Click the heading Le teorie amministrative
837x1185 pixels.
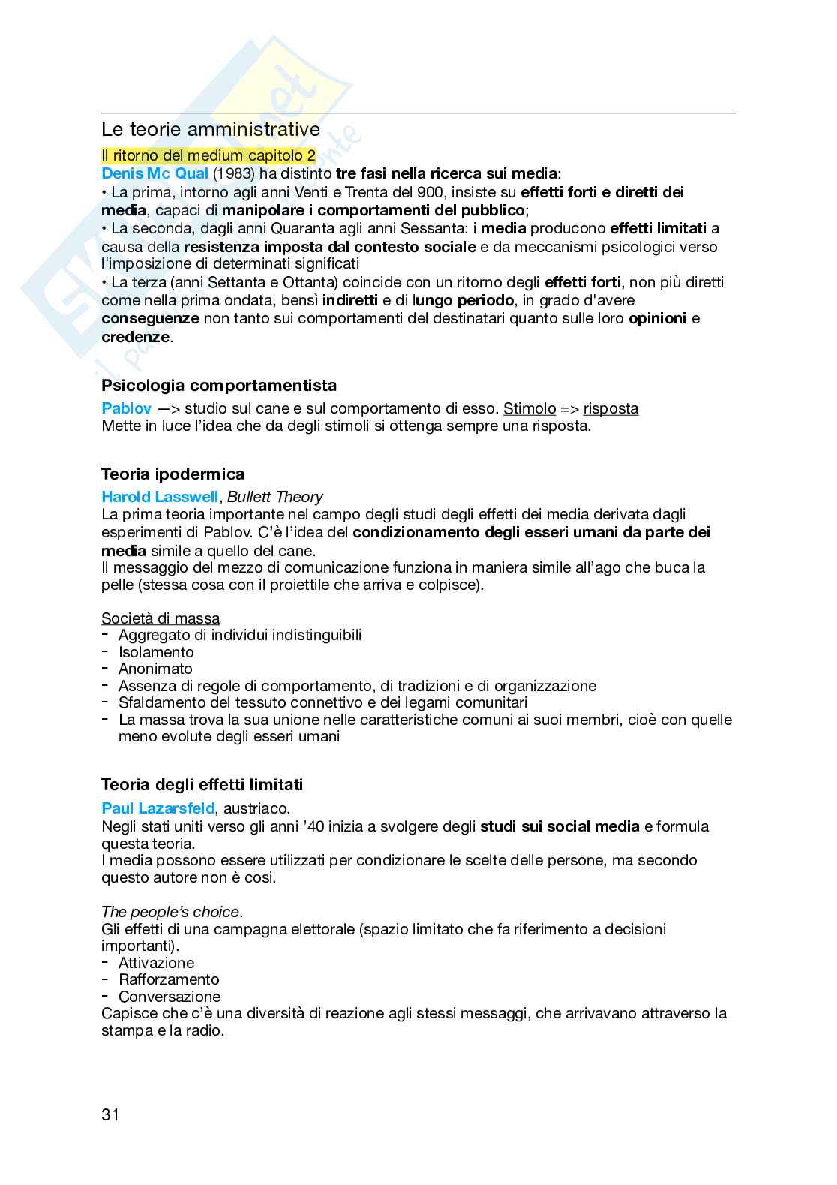pyautogui.click(x=211, y=130)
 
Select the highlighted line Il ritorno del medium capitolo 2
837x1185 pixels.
pyautogui.click(x=208, y=156)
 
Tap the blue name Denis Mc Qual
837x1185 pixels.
pyautogui.click(x=154, y=173)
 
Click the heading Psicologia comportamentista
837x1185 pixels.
pyautogui.click(x=219, y=386)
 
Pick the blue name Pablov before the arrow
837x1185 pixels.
pyautogui.click(x=126, y=409)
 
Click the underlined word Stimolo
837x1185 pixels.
pyautogui.click(x=529, y=409)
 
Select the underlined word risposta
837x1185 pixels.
pyautogui.click(x=610, y=409)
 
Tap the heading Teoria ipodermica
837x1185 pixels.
pyautogui.click(x=172, y=474)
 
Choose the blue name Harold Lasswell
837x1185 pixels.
pyautogui.click(x=160, y=497)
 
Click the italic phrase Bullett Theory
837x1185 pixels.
pyautogui.click(x=275, y=497)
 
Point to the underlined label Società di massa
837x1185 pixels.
pyautogui.click(x=160, y=618)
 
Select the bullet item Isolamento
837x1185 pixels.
pyautogui.click(x=156, y=652)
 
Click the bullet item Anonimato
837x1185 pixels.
pyautogui.click(x=155, y=669)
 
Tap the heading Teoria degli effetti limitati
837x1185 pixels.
pyautogui.click(x=202, y=785)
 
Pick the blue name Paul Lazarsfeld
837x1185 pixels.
pyautogui.click(x=157, y=808)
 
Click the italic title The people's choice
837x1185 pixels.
pyautogui.click(x=171, y=912)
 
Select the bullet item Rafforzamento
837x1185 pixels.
pyautogui.click(x=169, y=979)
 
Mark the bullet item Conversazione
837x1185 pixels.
pyautogui.click(x=169, y=997)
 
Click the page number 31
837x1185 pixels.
pyautogui.click(x=110, y=1114)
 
